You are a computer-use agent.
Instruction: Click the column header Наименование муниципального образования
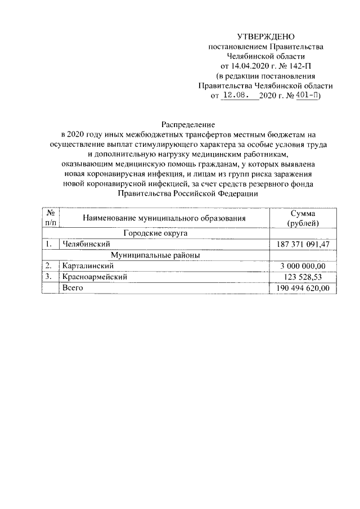pos(164,218)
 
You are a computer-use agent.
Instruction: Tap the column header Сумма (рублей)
pos(303,219)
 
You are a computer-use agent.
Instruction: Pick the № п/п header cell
pos(51,218)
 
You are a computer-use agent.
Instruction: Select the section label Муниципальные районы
pos(155,255)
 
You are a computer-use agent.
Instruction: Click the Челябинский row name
pos(86,244)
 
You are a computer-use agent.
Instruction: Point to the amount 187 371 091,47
pos(303,244)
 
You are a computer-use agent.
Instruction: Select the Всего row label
pos(73,288)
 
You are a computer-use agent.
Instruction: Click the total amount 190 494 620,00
pos(303,288)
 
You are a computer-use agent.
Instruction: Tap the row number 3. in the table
pos(49,277)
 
